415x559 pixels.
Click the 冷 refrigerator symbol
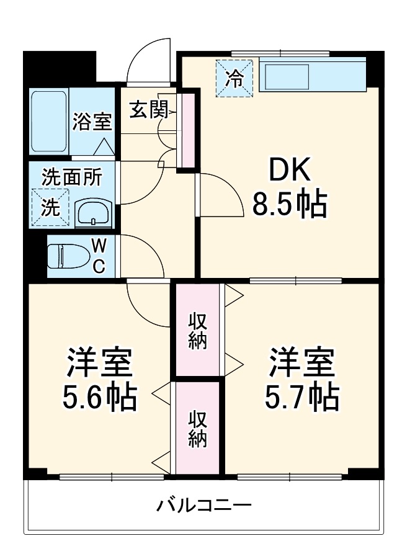[234, 78]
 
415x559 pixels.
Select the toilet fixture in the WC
[66, 256]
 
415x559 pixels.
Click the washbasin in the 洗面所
[93, 213]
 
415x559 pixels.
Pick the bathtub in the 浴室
[48, 122]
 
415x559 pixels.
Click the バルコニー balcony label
[203, 504]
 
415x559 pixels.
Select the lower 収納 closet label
[198, 428]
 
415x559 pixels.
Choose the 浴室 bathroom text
[92, 121]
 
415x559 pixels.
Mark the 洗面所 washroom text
[71, 177]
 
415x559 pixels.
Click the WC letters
[99, 256]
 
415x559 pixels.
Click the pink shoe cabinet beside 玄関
[184, 130]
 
